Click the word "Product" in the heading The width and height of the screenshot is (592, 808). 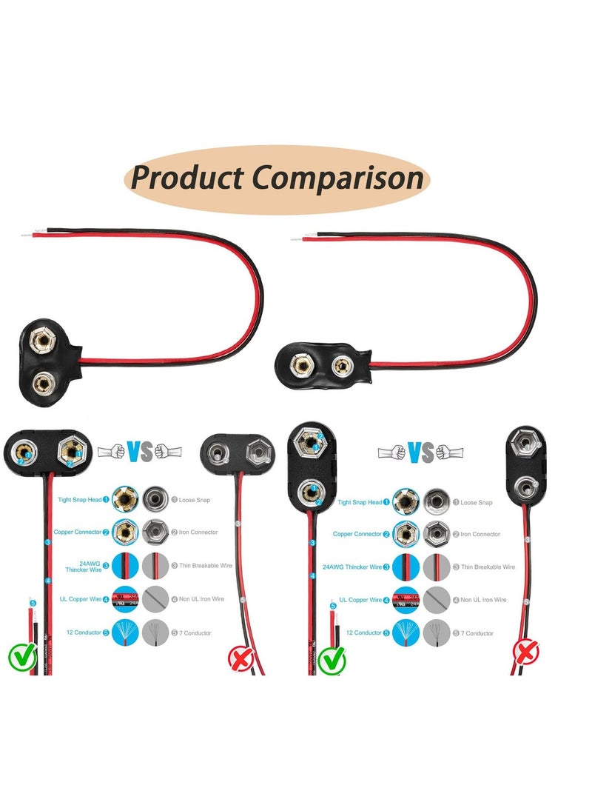(186, 179)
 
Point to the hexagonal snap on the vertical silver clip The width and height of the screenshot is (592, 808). (524, 445)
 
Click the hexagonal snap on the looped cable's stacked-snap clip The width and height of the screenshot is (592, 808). (43, 342)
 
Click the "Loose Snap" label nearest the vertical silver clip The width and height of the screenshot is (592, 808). (477, 502)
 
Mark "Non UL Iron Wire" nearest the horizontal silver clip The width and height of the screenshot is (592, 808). (195, 599)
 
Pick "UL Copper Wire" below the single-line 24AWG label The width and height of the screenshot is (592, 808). (360, 600)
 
